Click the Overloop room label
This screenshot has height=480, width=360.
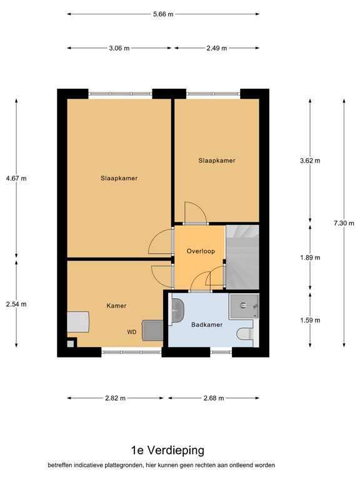click(201, 251)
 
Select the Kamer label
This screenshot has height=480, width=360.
click(116, 306)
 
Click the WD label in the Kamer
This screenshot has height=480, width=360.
click(132, 332)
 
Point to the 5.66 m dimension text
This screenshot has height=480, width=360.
click(162, 14)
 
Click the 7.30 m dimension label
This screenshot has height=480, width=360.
click(344, 223)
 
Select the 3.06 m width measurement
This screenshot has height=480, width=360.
click(119, 48)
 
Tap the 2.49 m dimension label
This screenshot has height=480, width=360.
click(216, 48)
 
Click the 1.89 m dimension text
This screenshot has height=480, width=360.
click(310, 257)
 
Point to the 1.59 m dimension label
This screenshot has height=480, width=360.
click(310, 320)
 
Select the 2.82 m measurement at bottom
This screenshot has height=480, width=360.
click(115, 398)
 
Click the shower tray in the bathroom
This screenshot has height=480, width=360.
click(244, 306)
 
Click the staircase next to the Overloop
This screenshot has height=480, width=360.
click(242, 256)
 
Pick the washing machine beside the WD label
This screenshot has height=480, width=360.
click(152, 331)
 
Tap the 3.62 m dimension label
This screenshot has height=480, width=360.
click(310, 161)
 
